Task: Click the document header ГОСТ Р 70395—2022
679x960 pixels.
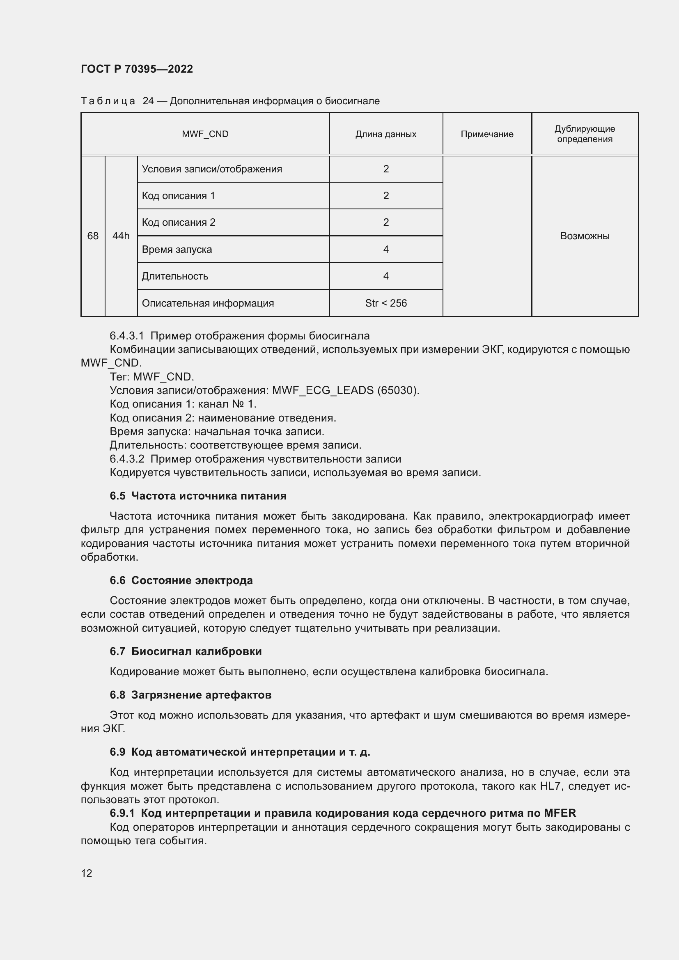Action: click(x=137, y=69)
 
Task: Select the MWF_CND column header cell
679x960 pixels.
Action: click(x=205, y=134)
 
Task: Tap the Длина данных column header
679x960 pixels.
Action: click(x=385, y=134)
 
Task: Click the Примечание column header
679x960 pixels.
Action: click(x=487, y=134)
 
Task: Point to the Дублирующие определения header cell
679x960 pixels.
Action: click(x=585, y=134)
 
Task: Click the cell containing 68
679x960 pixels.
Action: click(x=93, y=236)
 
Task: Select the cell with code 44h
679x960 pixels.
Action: click(x=121, y=236)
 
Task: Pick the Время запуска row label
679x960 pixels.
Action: click(x=177, y=250)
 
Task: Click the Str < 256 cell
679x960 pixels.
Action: click(x=385, y=303)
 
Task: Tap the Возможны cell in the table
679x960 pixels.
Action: click(x=585, y=236)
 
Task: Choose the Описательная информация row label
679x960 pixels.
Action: click(x=208, y=303)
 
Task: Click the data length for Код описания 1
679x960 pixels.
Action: click(x=385, y=196)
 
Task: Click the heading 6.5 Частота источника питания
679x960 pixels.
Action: click(x=198, y=496)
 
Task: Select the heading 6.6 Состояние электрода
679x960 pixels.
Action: click(x=181, y=580)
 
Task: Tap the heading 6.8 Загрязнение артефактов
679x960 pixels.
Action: click(x=190, y=695)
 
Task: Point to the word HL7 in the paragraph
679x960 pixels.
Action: click(x=550, y=786)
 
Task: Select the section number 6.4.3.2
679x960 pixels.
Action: click(x=127, y=459)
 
